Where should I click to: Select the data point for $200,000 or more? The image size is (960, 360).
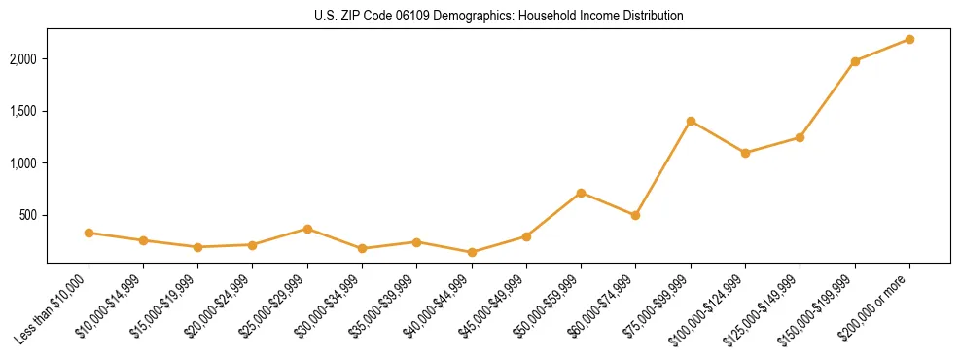coord(909,39)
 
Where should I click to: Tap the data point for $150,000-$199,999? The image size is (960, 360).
coord(855,61)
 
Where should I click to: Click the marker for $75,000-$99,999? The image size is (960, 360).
coord(691,121)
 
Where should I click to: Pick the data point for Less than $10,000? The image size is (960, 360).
coord(89,233)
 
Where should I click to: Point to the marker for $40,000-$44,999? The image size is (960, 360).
coord(472,252)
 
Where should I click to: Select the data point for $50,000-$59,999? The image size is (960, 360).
coord(581,193)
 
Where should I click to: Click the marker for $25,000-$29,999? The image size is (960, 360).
coord(307,229)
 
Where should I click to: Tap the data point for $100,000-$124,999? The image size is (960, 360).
coord(745,153)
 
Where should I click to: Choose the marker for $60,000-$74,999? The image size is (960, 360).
coord(635,215)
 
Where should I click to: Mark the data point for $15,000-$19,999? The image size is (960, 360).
coord(198,247)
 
